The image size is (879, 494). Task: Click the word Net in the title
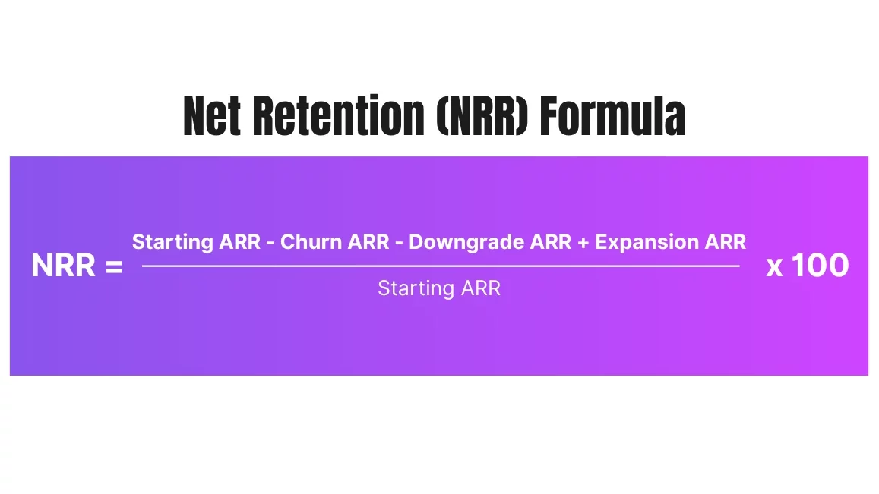tap(211, 116)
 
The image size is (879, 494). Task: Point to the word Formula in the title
tap(613, 116)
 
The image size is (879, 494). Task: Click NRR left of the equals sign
tap(63, 266)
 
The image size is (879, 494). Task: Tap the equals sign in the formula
tap(114, 266)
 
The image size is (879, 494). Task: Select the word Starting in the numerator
tap(172, 243)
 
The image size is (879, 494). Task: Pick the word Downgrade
tap(466, 243)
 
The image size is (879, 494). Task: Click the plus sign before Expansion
tap(583, 243)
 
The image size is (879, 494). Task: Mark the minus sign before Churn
tap(270, 244)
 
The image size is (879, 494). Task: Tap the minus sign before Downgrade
tap(399, 244)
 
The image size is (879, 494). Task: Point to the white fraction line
tap(441, 266)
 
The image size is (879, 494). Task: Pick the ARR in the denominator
tap(481, 288)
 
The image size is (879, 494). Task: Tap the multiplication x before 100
tap(774, 268)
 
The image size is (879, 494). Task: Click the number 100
tap(821, 266)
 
